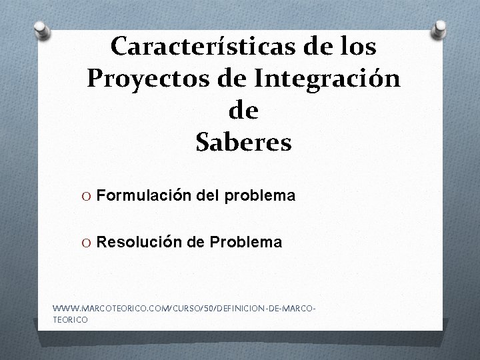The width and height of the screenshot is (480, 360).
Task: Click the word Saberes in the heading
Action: click(244, 142)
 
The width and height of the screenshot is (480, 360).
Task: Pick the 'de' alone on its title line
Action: click(243, 110)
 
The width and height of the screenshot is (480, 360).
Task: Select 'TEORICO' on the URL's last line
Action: click(69, 320)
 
